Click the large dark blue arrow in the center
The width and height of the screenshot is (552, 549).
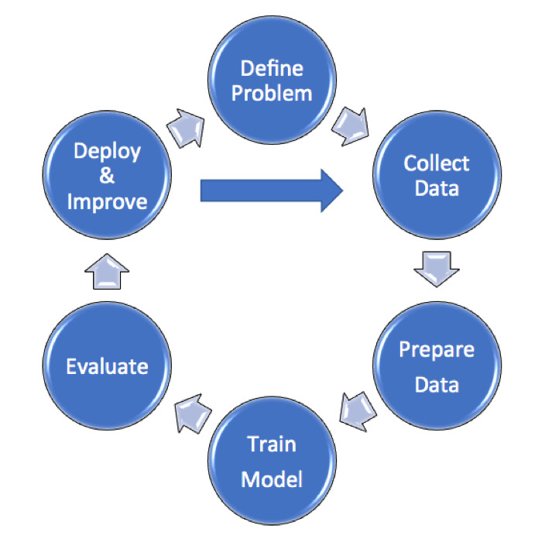click(x=271, y=189)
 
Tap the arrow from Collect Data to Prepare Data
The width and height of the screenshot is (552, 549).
click(x=436, y=267)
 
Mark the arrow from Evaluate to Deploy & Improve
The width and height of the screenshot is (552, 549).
click(x=107, y=272)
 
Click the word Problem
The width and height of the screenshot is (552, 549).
click(x=276, y=94)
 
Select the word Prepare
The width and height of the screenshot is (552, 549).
click(x=437, y=349)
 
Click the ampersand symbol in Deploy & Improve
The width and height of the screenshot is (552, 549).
click(x=108, y=176)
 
